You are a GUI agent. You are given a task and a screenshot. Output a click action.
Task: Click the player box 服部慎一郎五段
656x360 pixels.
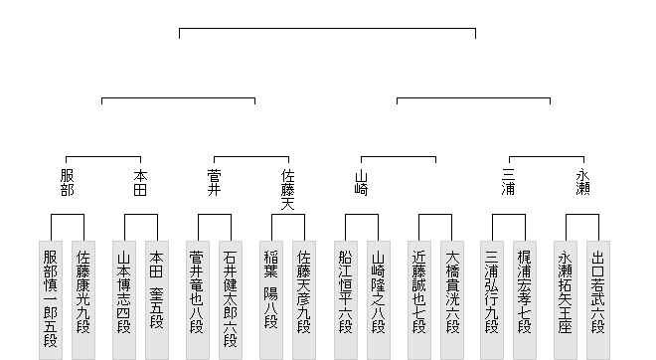(51, 300)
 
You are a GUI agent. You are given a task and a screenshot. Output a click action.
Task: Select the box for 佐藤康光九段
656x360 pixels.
(83, 300)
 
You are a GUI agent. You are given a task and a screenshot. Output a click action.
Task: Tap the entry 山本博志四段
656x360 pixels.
(124, 300)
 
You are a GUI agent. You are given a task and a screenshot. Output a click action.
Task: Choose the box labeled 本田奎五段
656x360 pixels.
(157, 300)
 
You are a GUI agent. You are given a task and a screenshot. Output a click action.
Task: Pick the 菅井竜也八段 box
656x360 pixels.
(198, 300)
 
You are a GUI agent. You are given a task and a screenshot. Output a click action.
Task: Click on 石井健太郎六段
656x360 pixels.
(231, 300)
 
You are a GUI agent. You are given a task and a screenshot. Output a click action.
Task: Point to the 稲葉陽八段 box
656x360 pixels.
(271, 300)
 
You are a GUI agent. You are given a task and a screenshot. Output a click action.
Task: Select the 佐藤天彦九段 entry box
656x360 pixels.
(304, 300)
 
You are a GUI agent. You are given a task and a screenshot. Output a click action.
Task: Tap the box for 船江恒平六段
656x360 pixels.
(346, 300)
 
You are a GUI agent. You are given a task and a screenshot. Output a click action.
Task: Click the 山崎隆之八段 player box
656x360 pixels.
(379, 300)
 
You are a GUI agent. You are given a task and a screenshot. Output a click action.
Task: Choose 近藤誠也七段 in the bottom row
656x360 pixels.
(419, 300)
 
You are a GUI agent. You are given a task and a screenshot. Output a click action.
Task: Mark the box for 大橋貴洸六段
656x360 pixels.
(452, 300)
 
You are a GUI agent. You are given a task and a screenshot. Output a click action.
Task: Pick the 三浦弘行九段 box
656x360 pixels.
(492, 300)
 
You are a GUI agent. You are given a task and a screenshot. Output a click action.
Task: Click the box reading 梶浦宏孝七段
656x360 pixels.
(525, 300)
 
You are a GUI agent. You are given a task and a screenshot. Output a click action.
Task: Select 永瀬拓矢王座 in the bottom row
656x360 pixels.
(566, 300)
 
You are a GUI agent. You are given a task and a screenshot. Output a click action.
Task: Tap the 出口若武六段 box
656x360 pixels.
(598, 300)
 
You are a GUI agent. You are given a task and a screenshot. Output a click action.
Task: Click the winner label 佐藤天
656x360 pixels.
(288, 190)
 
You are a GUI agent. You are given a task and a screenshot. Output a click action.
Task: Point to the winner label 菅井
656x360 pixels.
(215, 183)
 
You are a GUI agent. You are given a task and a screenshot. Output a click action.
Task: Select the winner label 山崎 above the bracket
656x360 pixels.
(362, 183)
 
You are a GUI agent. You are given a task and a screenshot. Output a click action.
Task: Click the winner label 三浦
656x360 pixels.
(509, 183)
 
